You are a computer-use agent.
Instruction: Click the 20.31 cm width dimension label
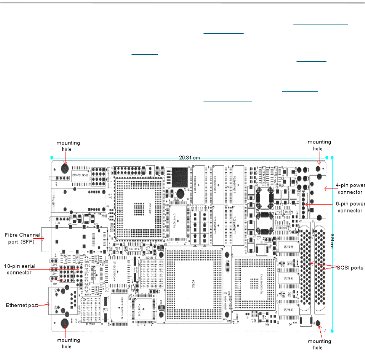[x=190, y=157]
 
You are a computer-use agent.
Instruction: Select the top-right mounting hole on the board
[x=318, y=169]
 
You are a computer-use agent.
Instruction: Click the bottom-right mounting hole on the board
[x=318, y=323]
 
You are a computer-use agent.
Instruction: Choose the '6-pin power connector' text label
[x=350, y=208]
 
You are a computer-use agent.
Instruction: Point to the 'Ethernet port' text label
[x=22, y=305]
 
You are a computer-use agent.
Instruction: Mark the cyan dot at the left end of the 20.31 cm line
[x=52, y=158]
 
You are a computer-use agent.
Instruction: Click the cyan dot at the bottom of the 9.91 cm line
[x=332, y=331]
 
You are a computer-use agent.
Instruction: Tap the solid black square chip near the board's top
[x=180, y=174]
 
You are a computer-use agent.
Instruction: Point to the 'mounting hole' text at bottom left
[x=68, y=343]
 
